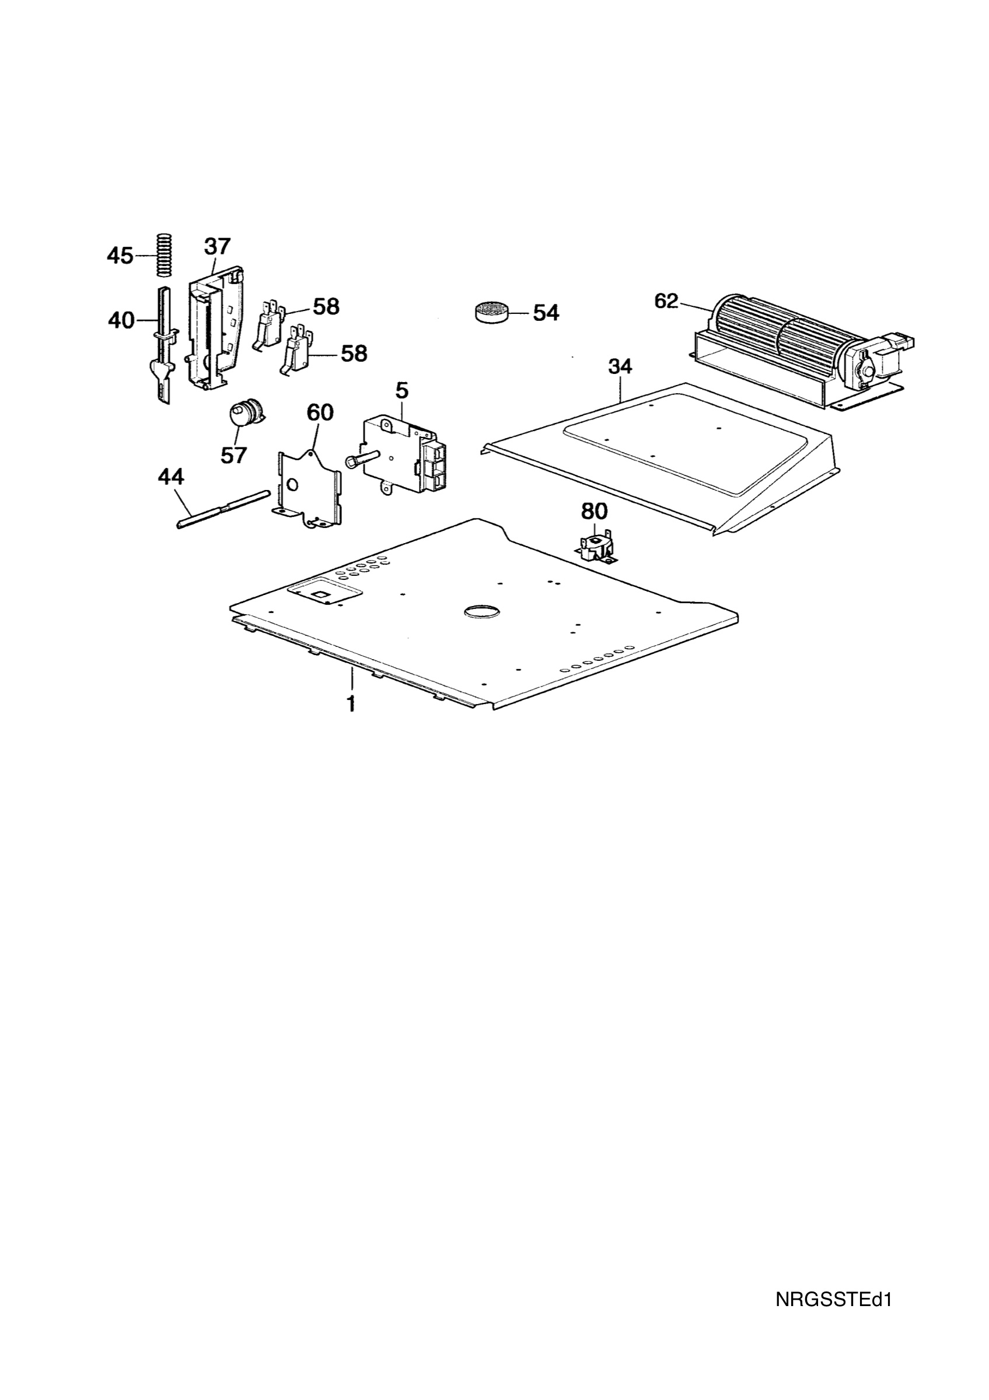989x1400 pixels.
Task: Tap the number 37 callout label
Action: pyautogui.click(x=217, y=246)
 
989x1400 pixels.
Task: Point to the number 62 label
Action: pyautogui.click(x=666, y=300)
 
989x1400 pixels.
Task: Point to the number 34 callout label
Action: pyautogui.click(x=620, y=366)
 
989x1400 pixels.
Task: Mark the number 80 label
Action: pyautogui.click(x=594, y=511)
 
